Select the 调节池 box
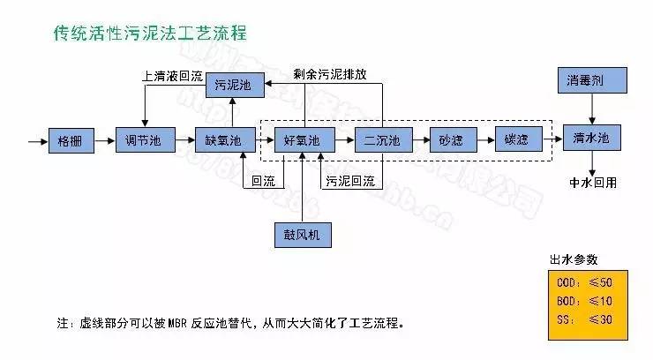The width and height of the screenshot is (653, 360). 142,140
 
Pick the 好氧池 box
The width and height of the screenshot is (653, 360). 303,140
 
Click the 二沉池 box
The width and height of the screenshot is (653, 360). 383,140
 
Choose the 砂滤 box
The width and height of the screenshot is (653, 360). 452,140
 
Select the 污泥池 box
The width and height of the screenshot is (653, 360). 232,86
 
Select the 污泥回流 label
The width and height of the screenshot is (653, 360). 349,182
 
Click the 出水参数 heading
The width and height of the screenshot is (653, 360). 574,259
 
